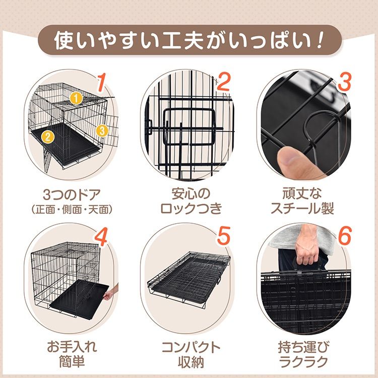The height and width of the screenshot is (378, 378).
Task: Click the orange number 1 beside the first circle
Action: [x=102, y=83]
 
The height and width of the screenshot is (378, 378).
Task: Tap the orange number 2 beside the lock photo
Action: [x=223, y=82]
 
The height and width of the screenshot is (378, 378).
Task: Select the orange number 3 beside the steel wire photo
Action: [x=344, y=82]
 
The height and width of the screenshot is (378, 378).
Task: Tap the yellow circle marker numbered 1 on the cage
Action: [x=76, y=98]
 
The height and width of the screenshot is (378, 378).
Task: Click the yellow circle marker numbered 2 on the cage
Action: [x=48, y=137]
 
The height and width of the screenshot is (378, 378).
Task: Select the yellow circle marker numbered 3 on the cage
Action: [x=102, y=131]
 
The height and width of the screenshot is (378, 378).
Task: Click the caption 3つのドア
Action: [x=72, y=195]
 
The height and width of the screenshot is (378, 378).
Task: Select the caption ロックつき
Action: [x=191, y=209]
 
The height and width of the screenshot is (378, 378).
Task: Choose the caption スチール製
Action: [x=302, y=209]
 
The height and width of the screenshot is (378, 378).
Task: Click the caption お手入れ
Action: [x=72, y=347]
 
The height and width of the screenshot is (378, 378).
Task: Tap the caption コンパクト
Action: [x=191, y=347]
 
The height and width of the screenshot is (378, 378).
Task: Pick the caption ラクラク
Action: [x=303, y=361]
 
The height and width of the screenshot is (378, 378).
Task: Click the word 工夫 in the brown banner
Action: [x=184, y=40]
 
